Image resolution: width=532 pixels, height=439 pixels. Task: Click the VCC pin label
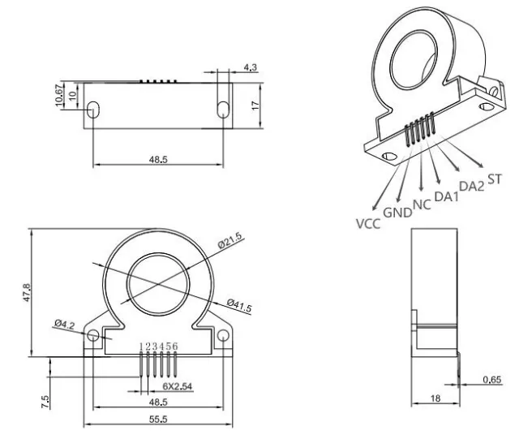click(x=369, y=222)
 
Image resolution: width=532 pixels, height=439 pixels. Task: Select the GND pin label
click(x=397, y=213)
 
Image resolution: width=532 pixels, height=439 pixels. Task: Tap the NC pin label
click(x=422, y=204)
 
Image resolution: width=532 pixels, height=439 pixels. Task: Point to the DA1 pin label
click(x=446, y=196)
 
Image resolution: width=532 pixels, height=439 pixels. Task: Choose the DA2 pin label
click(x=471, y=186)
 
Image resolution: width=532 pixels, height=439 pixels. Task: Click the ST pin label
click(x=495, y=178)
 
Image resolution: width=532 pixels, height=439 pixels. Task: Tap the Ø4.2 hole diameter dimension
click(x=66, y=324)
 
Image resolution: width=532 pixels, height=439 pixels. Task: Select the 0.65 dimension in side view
click(x=491, y=380)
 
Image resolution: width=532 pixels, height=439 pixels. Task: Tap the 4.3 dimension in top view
click(x=250, y=69)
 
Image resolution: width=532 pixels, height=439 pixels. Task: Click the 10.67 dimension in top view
click(x=58, y=96)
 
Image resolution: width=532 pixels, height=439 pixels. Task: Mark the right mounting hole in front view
click(x=223, y=335)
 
